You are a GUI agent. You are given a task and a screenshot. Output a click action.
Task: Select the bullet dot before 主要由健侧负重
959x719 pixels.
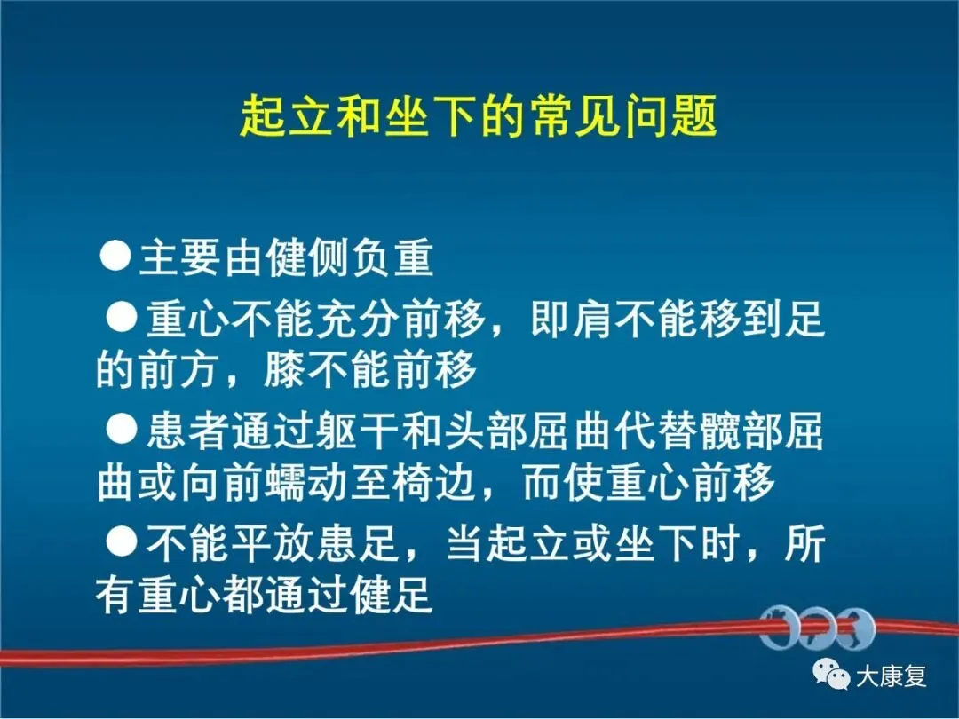tap(115, 255)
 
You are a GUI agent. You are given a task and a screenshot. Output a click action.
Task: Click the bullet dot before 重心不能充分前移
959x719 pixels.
tap(121, 317)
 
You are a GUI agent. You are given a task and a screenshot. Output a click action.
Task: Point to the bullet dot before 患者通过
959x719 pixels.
tap(121, 428)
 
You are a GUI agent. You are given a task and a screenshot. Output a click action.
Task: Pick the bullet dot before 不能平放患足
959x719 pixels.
tap(121, 541)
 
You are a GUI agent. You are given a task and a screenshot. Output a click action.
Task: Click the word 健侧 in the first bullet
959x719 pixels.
tap(308, 257)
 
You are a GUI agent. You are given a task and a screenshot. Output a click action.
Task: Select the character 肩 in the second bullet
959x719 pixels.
tap(592, 320)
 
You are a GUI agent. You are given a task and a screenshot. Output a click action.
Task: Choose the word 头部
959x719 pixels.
tap(487, 431)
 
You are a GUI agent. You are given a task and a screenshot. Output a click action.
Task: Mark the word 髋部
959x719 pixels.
tap(741, 431)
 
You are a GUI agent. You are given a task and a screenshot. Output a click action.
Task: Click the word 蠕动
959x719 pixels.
tap(308, 482)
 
